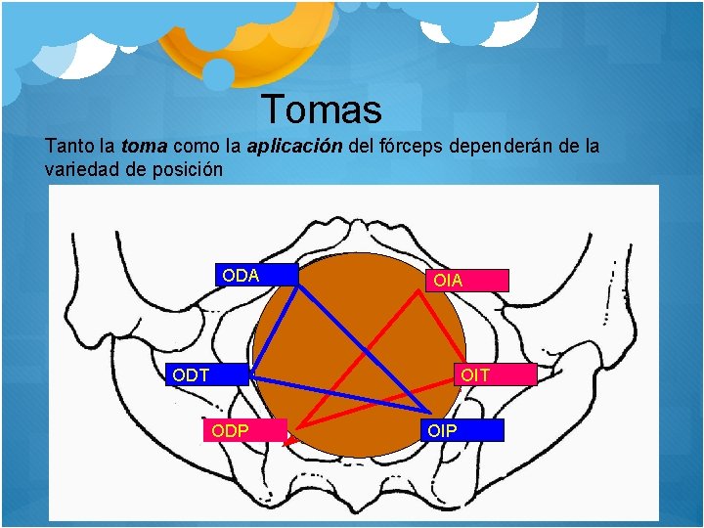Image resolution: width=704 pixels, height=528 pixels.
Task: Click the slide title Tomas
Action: click(322, 109)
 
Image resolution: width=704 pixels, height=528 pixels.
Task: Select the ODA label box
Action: click(255, 276)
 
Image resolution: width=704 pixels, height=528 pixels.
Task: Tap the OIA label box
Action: click(465, 281)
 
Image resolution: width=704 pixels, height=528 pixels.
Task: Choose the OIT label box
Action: click(498, 374)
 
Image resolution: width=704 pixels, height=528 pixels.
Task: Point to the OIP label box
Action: click(462, 430)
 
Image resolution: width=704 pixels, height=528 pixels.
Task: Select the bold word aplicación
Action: click(294, 147)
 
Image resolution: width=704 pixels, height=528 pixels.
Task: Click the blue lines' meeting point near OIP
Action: click(428, 412)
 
